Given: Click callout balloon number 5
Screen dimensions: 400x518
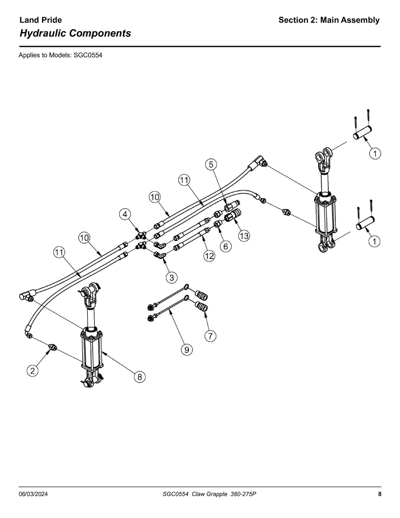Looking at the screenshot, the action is pos(211,165).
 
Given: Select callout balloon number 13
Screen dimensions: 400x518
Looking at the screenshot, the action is pos(244,236).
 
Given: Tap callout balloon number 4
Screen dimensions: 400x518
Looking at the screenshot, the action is pos(125,214).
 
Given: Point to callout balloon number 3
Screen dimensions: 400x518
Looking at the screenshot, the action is pos(172,277).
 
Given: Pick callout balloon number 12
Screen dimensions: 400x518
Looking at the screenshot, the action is pos(209,256).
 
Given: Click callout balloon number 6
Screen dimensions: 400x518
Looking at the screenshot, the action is pos(226,246).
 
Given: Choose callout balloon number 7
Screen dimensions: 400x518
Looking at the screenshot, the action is pos(210,336).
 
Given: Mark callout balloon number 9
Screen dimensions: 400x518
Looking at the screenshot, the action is pos(187,350).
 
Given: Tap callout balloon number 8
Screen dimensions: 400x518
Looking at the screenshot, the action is pos(139,377).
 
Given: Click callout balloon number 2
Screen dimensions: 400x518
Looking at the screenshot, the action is pos(32,371).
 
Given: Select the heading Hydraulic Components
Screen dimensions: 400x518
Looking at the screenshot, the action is pos(75,33).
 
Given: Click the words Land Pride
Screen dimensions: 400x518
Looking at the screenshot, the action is pos(40,20).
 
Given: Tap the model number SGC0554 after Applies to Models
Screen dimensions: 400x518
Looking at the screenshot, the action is pos(88,55).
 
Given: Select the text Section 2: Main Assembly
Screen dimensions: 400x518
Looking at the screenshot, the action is pos(329,20).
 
